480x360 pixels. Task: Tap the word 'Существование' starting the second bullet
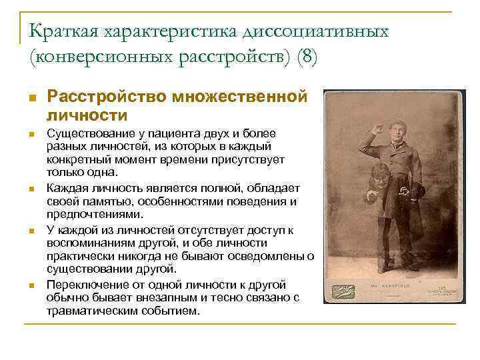[x=86, y=134]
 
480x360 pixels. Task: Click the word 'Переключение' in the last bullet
[x=83, y=283]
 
